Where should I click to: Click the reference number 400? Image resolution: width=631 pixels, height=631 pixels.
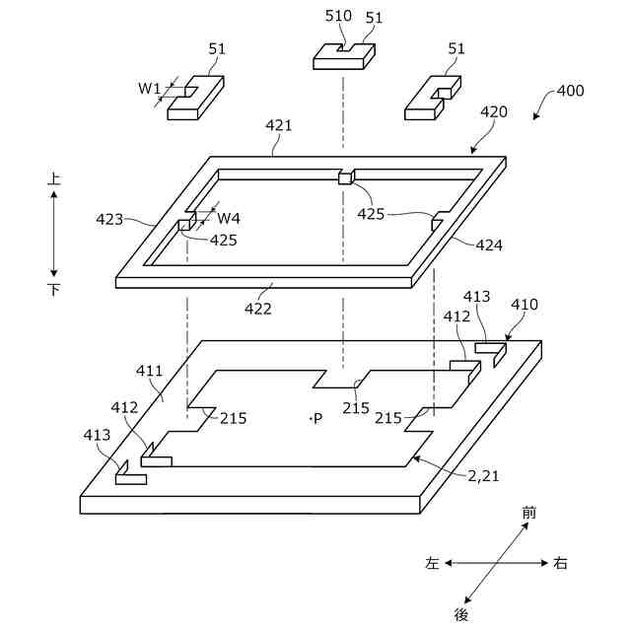[570, 91]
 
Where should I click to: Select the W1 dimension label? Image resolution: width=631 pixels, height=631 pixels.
[149, 89]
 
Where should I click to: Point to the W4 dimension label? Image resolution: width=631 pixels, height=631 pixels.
[229, 218]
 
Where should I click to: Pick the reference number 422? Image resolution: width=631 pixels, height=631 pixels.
[258, 308]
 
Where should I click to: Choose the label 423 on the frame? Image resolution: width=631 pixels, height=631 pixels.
[110, 219]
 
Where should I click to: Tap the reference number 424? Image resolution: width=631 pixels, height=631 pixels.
[489, 245]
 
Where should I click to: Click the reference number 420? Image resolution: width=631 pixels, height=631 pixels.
[494, 111]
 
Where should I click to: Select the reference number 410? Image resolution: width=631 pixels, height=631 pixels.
[525, 305]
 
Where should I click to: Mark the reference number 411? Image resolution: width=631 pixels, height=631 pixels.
[150, 371]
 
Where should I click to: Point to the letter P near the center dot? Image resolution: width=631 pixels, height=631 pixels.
[317, 419]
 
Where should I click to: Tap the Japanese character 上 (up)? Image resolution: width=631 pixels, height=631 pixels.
[54, 179]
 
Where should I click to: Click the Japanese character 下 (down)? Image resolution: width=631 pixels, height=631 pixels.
[54, 290]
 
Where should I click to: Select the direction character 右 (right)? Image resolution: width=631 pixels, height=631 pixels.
[560, 564]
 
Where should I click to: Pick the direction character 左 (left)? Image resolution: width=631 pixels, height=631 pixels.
[432, 564]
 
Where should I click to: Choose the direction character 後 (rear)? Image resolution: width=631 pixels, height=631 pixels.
[461, 614]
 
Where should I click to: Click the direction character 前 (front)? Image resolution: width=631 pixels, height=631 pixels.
[529, 513]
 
